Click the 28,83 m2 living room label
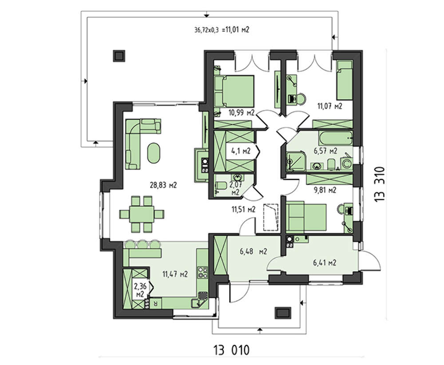pyautogui.click(x=163, y=185)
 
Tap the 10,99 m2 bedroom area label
pyautogui.click(x=242, y=113)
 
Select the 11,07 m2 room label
pyautogui.click(x=329, y=106)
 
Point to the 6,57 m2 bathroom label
pyautogui.click(x=325, y=151)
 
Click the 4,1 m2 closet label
pyautogui.click(x=241, y=151)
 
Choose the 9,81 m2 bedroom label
pyautogui.click(x=325, y=190)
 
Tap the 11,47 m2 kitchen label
pyautogui.click(x=175, y=274)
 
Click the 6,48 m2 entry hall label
pyautogui.click(x=254, y=251)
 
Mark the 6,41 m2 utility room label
pyautogui.click(x=325, y=263)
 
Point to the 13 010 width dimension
pyautogui.click(x=232, y=350)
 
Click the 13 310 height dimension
pyautogui.click(x=380, y=184)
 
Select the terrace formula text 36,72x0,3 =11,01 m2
pyautogui.click(x=222, y=30)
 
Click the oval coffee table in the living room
pyautogui.click(x=154, y=153)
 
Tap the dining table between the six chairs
pyautogui.click(x=142, y=214)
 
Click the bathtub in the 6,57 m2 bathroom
pyautogui.click(x=336, y=138)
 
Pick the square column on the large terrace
pyautogui.click(x=119, y=56)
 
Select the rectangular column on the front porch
pyautogui.click(x=282, y=313)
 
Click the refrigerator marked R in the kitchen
pyautogui.click(x=155, y=303)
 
